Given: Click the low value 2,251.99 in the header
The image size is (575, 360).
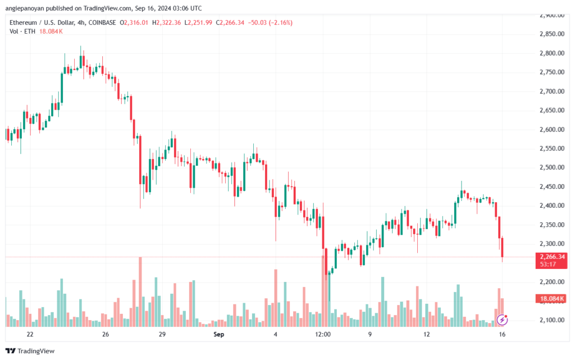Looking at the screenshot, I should pos(229,22).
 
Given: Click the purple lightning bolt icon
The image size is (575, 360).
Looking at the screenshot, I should pos(503,320).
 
